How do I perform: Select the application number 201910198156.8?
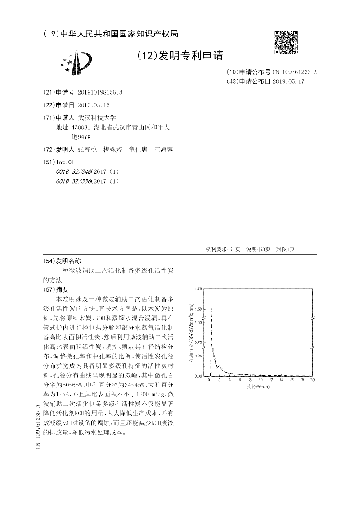click(x=100, y=92)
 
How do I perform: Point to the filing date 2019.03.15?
click(x=94, y=105)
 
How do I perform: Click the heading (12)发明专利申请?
click(x=180, y=55)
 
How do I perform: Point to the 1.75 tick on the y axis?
click(x=198, y=289)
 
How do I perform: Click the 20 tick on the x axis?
click(x=312, y=381)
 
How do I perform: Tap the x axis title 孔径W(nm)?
click(x=258, y=387)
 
